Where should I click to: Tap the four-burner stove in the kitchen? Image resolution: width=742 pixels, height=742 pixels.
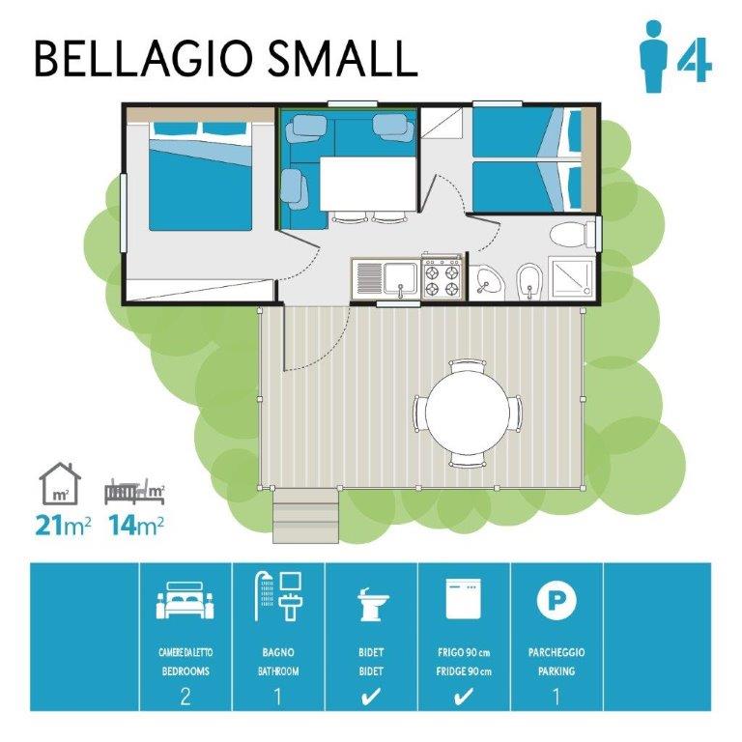(442, 278)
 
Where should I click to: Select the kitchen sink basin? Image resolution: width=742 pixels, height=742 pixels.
(400, 278)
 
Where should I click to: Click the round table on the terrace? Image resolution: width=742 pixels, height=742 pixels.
(468, 412)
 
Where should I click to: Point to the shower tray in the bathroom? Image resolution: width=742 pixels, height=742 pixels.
(571, 278)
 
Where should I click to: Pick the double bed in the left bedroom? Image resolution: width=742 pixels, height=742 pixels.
(201, 176)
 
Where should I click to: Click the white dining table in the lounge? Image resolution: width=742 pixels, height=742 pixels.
(368, 185)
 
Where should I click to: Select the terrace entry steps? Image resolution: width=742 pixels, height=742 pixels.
(306, 516)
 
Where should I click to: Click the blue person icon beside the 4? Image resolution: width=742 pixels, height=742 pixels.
(653, 56)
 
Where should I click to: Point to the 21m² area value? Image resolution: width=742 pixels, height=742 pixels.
(63, 526)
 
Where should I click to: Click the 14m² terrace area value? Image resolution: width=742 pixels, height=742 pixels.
(137, 526)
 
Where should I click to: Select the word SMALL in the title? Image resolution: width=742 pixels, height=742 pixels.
(343, 59)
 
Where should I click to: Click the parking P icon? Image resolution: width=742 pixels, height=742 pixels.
(556, 600)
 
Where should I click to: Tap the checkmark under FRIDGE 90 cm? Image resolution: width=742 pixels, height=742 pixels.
(464, 697)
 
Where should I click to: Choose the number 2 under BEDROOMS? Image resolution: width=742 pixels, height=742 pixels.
(185, 697)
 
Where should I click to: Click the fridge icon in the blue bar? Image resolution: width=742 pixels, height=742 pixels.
(464, 599)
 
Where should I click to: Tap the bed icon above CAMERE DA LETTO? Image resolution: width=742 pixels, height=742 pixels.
(185, 603)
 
